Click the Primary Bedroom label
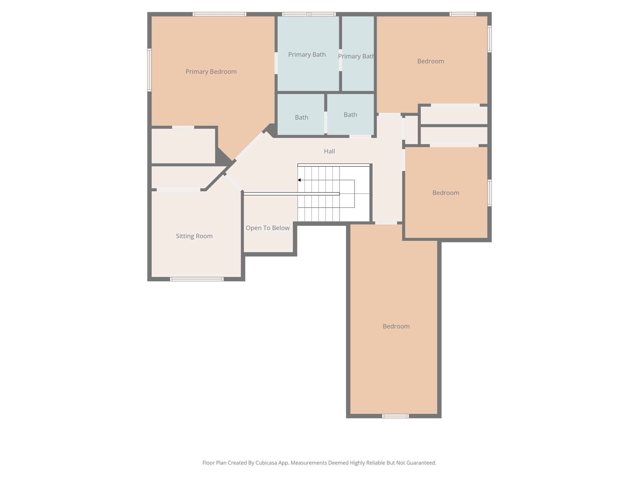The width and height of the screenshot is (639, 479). point(211,72)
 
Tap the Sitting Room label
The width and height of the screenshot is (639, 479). point(194,236)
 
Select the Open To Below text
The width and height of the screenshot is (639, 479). point(267,228)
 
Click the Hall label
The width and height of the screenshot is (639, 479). point(329,151)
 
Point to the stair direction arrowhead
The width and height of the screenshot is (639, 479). point(299,180)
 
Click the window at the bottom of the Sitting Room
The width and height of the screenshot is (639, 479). point(197,279)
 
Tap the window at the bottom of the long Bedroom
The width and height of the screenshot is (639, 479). point(395,416)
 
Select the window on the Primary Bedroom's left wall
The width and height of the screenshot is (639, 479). point(149,70)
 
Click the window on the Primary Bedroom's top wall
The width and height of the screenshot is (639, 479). point(219,14)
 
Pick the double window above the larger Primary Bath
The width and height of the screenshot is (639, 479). point(309,14)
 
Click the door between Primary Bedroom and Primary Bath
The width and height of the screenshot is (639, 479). point(276,63)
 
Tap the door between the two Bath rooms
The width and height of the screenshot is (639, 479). point(325,123)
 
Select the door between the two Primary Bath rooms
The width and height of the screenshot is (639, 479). point(340,60)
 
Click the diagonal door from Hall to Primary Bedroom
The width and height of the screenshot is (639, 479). point(249,146)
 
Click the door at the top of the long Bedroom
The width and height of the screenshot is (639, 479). point(386,223)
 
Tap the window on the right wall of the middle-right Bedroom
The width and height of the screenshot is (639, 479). point(490,193)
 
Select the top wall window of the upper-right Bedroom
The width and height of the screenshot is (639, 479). point(463,14)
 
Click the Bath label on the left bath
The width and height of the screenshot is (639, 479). point(301,118)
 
